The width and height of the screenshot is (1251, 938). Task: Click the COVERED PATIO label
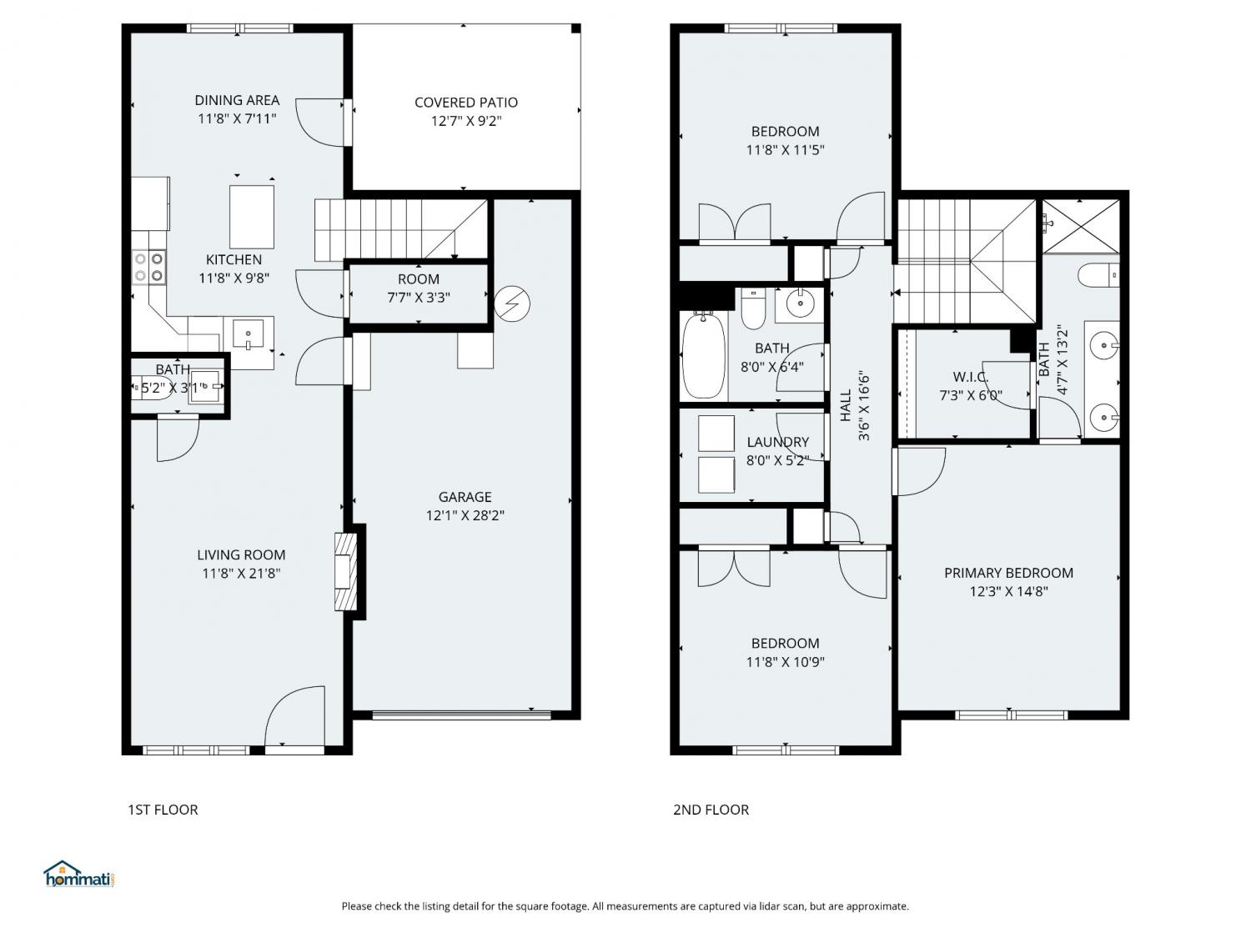(x=465, y=103)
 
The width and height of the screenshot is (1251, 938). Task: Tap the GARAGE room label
(x=465, y=497)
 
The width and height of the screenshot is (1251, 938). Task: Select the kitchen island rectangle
(x=251, y=217)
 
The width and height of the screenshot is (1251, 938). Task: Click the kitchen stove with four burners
(x=149, y=267)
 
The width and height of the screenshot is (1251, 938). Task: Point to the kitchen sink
(x=248, y=334)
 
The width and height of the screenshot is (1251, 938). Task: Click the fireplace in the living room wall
(x=345, y=571)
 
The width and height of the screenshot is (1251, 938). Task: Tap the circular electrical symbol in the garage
(x=512, y=303)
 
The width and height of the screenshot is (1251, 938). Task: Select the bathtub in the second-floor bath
(x=703, y=355)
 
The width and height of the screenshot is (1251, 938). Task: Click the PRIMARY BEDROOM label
(x=1008, y=573)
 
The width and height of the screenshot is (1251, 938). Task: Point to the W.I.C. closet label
(x=970, y=377)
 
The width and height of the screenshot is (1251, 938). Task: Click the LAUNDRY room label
(x=777, y=442)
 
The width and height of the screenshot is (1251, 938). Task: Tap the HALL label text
(x=845, y=405)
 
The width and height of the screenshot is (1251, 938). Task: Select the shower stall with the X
(x=1081, y=226)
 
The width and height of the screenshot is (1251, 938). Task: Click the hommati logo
(x=79, y=874)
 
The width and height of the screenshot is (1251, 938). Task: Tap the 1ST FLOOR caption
(x=163, y=810)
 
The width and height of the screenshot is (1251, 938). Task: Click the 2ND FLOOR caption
(x=711, y=810)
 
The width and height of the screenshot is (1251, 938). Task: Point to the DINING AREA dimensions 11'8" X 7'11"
(x=237, y=118)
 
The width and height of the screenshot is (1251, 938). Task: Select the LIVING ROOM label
(x=241, y=554)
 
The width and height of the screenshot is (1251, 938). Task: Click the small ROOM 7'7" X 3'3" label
(x=419, y=288)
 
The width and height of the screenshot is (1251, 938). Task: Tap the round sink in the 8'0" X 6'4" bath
(x=801, y=303)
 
